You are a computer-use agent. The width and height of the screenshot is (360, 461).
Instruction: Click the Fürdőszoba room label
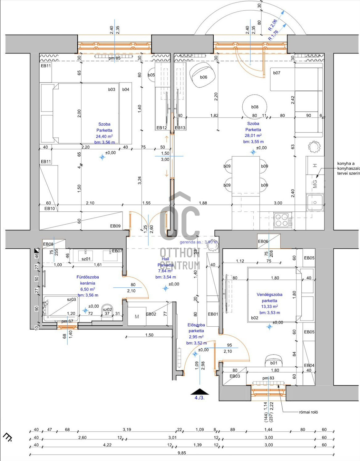88,277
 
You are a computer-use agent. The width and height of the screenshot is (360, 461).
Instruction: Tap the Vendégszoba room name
269,294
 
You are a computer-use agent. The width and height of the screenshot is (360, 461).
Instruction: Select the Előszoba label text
196,325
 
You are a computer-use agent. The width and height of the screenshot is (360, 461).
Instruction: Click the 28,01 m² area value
253,136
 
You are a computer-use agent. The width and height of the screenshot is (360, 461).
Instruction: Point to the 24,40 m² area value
104,136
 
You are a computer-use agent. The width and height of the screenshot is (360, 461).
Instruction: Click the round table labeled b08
255,106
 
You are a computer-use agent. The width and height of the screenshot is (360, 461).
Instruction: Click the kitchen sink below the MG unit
315,202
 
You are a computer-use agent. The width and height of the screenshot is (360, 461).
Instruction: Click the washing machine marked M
137,317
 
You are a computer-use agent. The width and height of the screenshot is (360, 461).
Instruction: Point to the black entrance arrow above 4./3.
199,392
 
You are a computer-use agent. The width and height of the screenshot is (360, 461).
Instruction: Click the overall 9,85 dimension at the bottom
182,453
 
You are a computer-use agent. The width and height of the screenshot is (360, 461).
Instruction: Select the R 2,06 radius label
273,25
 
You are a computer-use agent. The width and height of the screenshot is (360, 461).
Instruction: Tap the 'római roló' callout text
308,412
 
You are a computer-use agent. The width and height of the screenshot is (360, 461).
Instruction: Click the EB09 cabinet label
115,226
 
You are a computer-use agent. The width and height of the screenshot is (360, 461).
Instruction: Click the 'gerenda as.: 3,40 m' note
199,242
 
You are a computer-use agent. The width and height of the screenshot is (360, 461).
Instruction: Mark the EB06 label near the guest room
263,241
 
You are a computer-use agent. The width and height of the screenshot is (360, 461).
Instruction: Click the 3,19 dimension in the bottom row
127,429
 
